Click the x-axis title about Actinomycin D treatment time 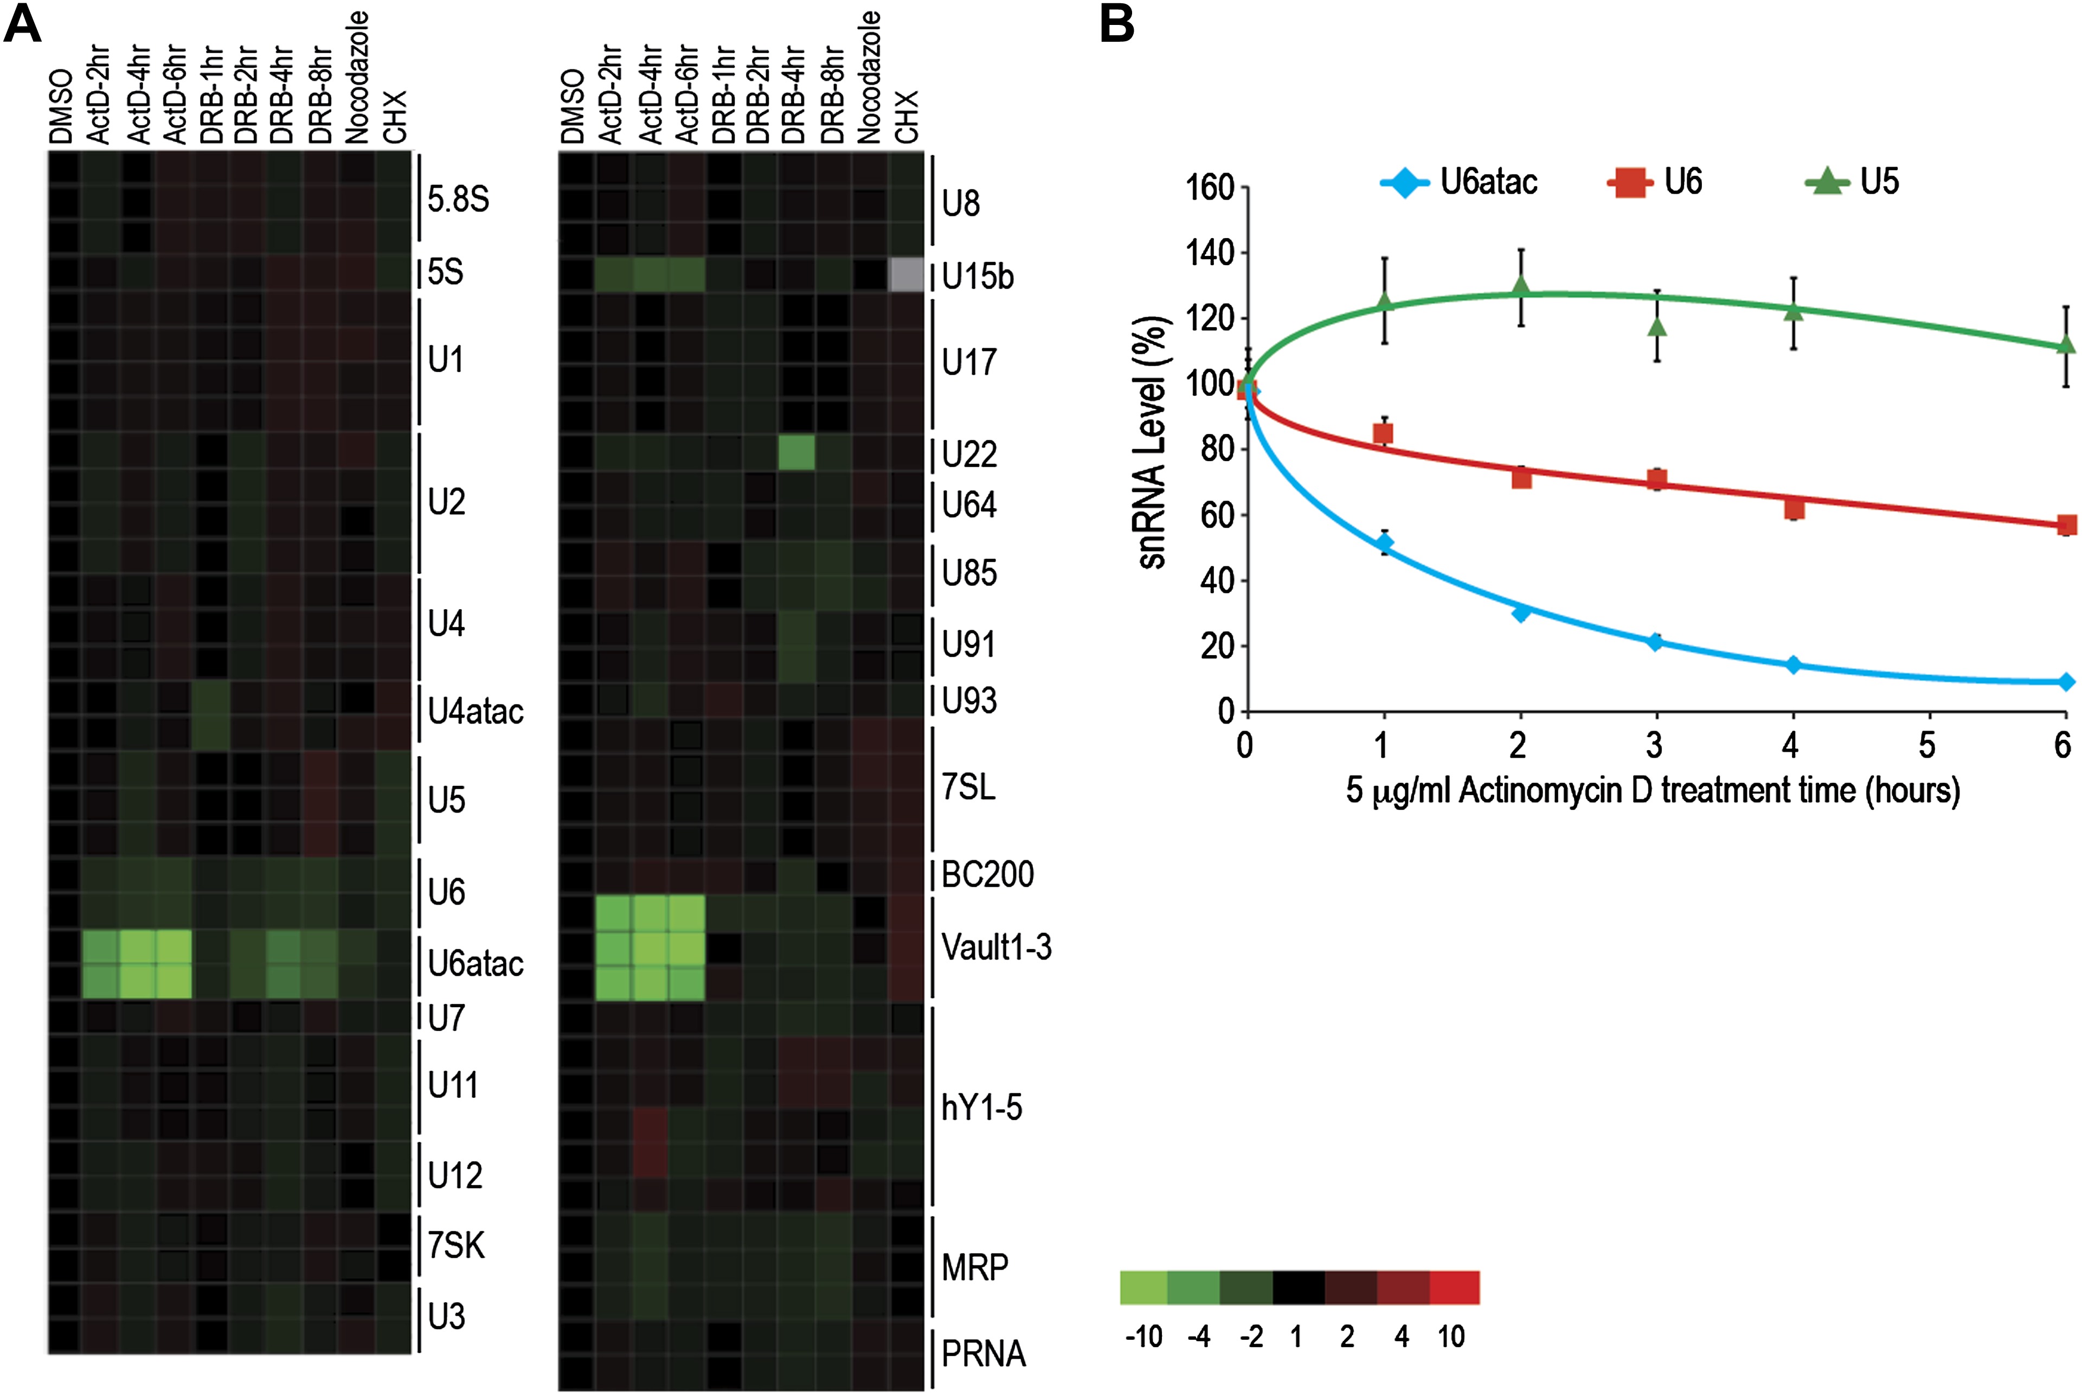1653,790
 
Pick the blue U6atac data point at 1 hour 1384,543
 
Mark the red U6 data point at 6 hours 2066,525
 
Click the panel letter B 1117,24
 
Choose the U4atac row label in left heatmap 475,712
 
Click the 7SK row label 456,1245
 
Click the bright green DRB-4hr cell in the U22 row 796,453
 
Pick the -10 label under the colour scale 1143,1336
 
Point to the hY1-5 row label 982,1108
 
